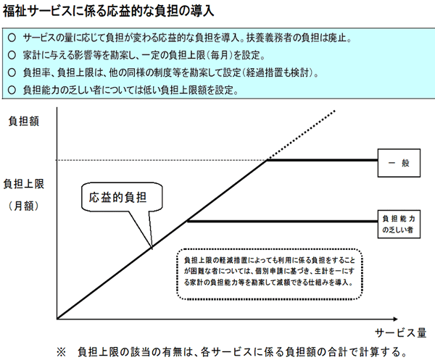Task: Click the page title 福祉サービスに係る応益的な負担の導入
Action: pyautogui.click(x=108, y=11)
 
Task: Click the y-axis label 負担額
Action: pyautogui.click(x=24, y=122)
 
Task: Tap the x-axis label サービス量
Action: pyautogui.click(x=400, y=332)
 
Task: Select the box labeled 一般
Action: pyautogui.click(x=399, y=163)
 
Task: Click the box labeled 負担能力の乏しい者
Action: pyautogui.click(x=399, y=225)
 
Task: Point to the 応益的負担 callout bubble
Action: pyautogui.click(x=122, y=197)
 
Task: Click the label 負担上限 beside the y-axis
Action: pyautogui.click(x=24, y=184)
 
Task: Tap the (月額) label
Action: pyautogui.click(x=24, y=206)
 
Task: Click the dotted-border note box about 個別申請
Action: pyautogui.click(x=270, y=274)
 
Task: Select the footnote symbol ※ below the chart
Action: pyautogui.click(x=61, y=352)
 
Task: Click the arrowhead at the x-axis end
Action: pyautogui.click(x=395, y=319)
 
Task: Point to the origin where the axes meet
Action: pyautogui.click(x=57, y=319)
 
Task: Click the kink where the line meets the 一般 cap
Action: pyautogui.click(x=267, y=160)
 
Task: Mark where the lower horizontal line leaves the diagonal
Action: pyautogui.click(x=188, y=221)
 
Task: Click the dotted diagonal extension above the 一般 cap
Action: pyautogui.click(x=301, y=135)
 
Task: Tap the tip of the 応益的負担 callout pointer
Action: pyautogui.click(x=152, y=248)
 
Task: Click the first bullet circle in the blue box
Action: pyautogui.click(x=12, y=38)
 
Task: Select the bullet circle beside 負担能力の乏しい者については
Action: pyautogui.click(x=12, y=90)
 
